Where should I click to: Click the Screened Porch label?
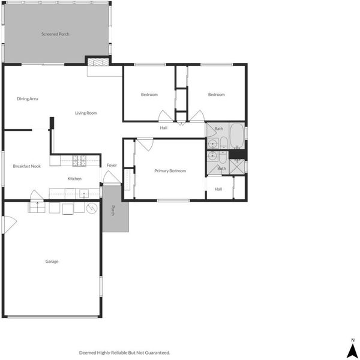[55, 34]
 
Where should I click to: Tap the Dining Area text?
[28, 99]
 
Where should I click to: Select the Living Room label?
[86, 113]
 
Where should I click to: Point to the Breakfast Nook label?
[27, 166]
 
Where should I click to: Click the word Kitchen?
[74, 179]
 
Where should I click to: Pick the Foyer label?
[112, 166]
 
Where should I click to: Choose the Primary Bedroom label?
[170, 171]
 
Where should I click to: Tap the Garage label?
[52, 262]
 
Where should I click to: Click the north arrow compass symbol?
[353, 349]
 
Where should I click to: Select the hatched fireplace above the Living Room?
[98, 62]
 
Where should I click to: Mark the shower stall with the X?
[237, 166]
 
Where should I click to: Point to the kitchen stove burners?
[79, 160]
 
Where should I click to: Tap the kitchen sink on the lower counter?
[84, 194]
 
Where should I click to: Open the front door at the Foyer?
[112, 178]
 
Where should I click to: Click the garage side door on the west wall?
[10, 224]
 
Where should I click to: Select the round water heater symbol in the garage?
[92, 208]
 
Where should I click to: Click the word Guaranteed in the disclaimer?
[157, 352]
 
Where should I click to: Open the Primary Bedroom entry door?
[145, 144]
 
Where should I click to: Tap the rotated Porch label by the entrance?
[113, 211]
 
